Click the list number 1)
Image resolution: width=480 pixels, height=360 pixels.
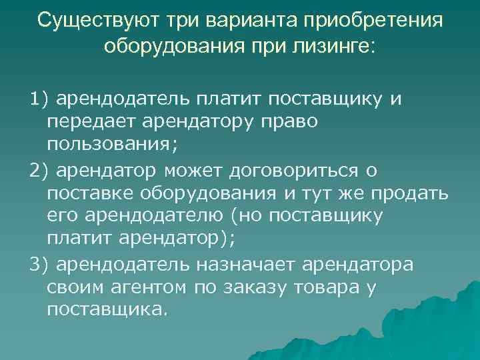pyautogui.click(x=39, y=100)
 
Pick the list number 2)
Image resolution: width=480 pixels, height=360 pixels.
pyautogui.click(x=39, y=171)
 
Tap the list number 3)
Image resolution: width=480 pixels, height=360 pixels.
pyautogui.click(x=39, y=264)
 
